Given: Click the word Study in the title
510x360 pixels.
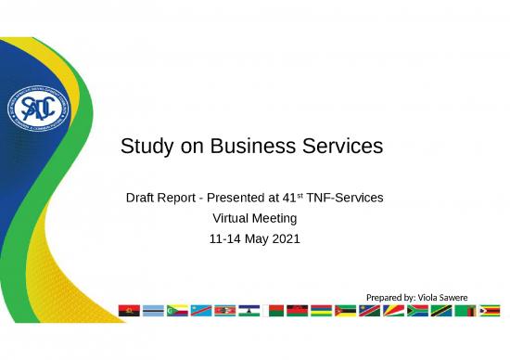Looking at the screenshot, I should click(144, 147).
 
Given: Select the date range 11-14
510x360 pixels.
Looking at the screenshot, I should click(225, 239).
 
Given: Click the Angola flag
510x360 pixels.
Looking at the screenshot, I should click(130, 310).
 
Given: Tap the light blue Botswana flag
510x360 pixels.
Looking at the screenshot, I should click(154, 310).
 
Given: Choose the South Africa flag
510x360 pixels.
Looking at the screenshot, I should click(418, 310).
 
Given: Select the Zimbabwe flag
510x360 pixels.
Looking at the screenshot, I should click(490, 310).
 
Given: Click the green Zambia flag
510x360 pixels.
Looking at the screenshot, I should click(465, 310).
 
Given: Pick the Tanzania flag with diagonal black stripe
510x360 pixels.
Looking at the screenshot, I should click(441, 310).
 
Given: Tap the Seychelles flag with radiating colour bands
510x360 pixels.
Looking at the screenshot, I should click(394, 310).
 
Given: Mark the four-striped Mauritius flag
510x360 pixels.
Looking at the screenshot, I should click(322, 310).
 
